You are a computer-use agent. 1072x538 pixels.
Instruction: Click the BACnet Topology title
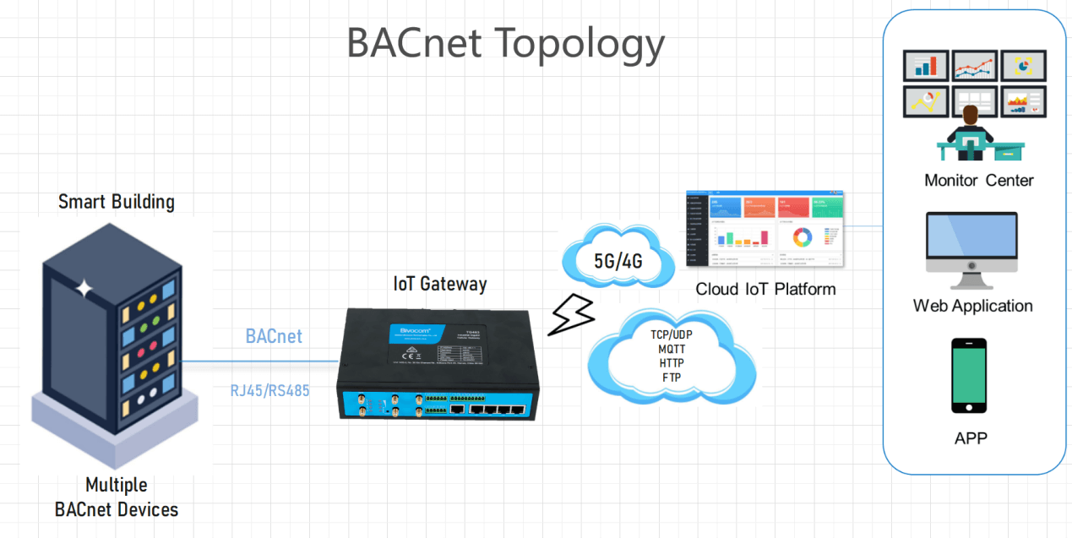pos(505,43)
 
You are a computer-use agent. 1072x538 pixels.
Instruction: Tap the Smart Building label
pos(117,202)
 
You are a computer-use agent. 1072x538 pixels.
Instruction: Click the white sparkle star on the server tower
pos(84,289)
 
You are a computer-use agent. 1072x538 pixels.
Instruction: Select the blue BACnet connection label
pos(274,336)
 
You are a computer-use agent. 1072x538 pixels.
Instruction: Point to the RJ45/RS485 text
pos(270,391)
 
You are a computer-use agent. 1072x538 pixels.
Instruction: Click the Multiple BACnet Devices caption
pos(117,497)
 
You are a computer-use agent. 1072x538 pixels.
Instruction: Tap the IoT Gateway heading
pos(440,284)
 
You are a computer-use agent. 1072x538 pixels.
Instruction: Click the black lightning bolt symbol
pos(570,314)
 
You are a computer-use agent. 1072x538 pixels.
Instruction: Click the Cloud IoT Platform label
pos(765,289)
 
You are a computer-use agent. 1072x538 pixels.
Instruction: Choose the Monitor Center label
pos(979,180)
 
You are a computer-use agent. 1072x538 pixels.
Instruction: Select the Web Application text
pos(973,306)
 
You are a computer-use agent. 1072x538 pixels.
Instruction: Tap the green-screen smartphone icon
pos(969,375)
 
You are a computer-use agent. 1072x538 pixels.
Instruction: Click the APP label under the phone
pos(970,437)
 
